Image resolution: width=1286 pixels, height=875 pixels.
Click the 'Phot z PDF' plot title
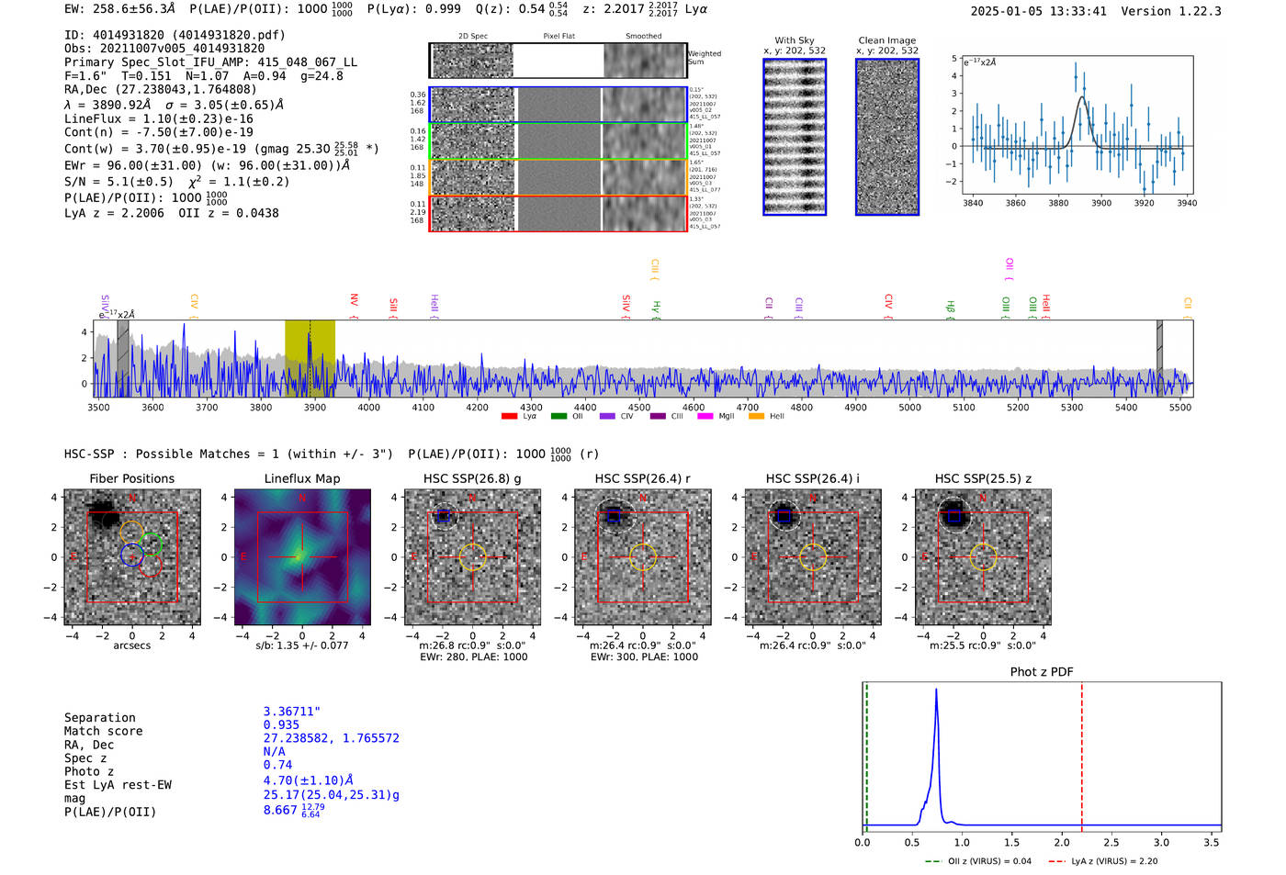pyautogui.click(x=1041, y=672)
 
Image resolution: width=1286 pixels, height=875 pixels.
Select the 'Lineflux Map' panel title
pyautogui.click(x=301, y=478)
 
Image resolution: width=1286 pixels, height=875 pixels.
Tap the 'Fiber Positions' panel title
pyautogui.click(x=131, y=478)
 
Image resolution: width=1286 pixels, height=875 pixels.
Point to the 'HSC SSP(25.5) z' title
pyautogui.click(x=983, y=478)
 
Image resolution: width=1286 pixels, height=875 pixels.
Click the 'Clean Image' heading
pyautogui.click(x=886, y=40)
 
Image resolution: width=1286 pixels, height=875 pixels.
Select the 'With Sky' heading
pyautogui.click(x=794, y=40)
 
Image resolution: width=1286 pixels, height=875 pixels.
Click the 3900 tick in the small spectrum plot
pyautogui.click(x=1100, y=203)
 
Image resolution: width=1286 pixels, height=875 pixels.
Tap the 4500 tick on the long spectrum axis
pyautogui.click(x=638, y=408)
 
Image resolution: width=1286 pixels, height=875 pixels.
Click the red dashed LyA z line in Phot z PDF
pyautogui.click(x=1082, y=753)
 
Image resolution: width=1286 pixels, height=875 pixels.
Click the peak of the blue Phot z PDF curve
pyautogui.click(x=936, y=690)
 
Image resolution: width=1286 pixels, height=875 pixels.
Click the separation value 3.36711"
pyautogui.click(x=291, y=712)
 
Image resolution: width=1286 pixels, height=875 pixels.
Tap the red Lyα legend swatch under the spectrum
pyautogui.click(x=509, y=417)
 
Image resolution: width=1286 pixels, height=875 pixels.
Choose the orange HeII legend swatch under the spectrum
pyautogui.click(x=756, y=417)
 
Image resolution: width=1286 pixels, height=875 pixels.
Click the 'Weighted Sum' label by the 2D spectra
pyautogui.click(x=704, y=58)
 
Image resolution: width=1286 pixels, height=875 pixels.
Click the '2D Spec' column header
pyautogui.click(x=472, y=37)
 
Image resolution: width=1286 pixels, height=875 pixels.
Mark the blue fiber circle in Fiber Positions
pyautogui.click(x=131, y=555)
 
